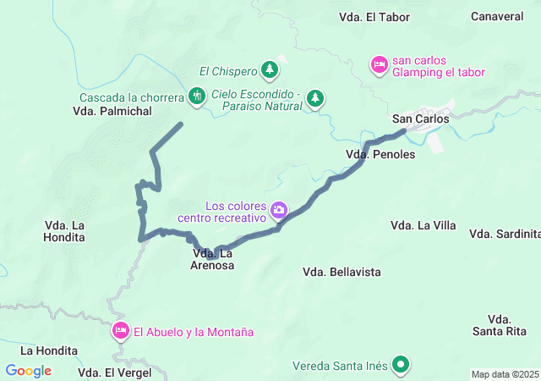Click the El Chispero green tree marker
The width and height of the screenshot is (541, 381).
pos(269,69)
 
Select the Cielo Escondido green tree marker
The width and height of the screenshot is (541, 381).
pos(315,98)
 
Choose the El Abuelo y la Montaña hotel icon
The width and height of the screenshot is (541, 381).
pos(120,331)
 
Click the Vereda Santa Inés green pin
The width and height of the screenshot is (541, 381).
pos(401,366)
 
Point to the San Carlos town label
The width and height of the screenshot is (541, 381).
pos(420,119)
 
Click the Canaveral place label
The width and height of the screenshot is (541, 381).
pos(497,16)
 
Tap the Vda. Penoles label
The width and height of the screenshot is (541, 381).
pos(380,155)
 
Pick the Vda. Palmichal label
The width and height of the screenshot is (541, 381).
pos(112,111)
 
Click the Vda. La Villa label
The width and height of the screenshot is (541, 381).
pos(423,225)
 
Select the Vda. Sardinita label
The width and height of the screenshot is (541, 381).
pos(505,234)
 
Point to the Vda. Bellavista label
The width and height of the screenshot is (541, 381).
pos(342,272)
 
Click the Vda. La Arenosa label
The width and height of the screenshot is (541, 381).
pos(213,259)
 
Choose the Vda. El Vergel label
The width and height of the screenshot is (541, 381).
pos(115,373)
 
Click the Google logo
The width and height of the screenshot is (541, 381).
pos(29,371)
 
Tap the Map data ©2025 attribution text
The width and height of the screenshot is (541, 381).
pos(504,374)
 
